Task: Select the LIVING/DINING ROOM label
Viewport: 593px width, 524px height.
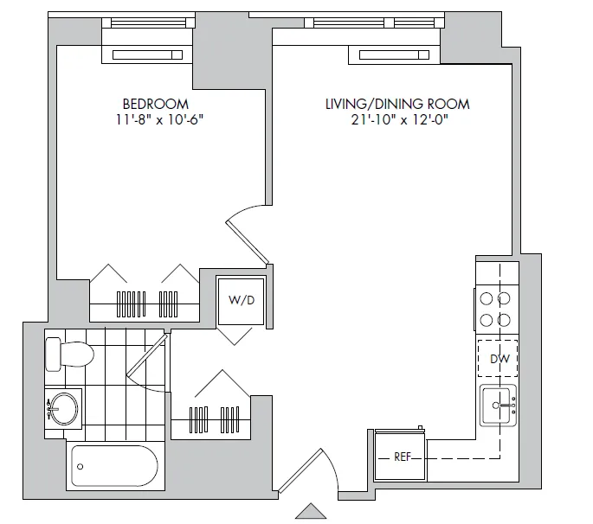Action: (x=397, y=104)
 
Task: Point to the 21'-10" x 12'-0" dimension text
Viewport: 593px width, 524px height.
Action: (x=397, y=120)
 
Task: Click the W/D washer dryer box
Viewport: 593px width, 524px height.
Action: (x=241, y=300)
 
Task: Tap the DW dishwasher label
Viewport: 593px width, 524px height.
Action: (x=498, y=359)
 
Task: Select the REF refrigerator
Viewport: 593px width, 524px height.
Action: (x=401, y=457)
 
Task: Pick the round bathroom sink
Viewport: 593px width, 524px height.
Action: (x=64, y=407)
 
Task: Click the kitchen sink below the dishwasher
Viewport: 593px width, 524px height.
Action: (x=500, y=405)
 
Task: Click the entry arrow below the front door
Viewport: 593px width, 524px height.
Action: (x=310, y=511)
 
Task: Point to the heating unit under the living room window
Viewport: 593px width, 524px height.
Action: (x=393, y=55)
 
